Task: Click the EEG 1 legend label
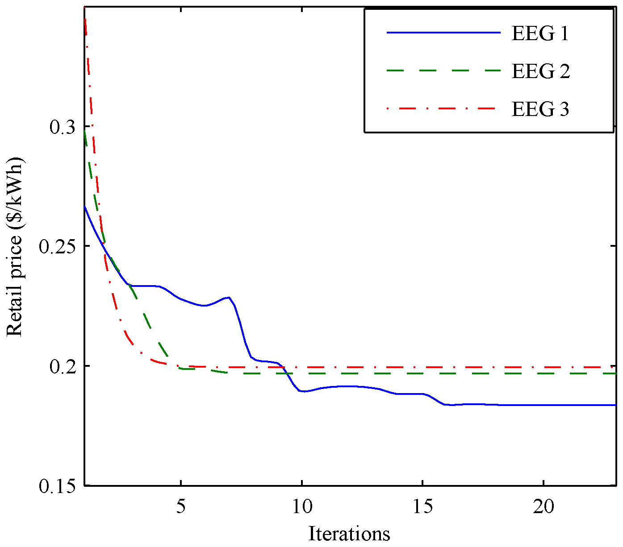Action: pos(540,33)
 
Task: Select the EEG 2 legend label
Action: pos(540,71)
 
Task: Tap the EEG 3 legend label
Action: pos(540,109)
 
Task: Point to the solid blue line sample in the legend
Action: pos(443,33)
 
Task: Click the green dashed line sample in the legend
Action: pos(443,71)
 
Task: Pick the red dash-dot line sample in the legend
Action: pos(443,108)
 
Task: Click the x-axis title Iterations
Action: pos(349,534)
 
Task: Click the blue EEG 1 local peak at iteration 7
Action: pos(229,297)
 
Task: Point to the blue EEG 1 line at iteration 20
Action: pos(543,405)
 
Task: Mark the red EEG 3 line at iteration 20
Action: pos(543,367)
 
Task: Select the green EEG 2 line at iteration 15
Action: pos(422,373)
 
